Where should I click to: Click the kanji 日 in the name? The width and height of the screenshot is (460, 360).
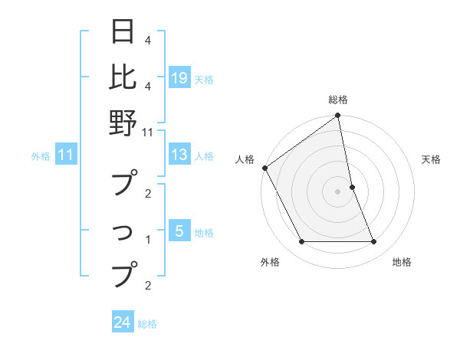click(x=123, y=33)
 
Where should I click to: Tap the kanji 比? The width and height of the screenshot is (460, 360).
click(x=123, y=77)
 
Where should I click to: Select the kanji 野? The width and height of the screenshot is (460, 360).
click(x=123, y=123)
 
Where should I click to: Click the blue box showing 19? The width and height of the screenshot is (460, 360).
click(x=179, y=77)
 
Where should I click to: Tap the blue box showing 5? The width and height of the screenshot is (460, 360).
click(x=179, y=231)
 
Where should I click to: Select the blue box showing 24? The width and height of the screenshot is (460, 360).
click(x=123, y=322)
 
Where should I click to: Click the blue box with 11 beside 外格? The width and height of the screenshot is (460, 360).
click(x=66, y=155)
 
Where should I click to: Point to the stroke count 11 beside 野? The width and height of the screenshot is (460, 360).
click(x=148, y=132)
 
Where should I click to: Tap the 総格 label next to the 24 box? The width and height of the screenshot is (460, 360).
click(x=147, y=324)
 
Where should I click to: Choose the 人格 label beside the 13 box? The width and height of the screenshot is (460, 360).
click(x=204, y=156)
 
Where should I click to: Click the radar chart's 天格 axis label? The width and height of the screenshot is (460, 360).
click(x=432, y=159)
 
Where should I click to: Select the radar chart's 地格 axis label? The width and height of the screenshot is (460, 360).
click(x=402, y=262)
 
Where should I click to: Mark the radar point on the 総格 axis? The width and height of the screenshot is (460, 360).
click(x=338, y=116)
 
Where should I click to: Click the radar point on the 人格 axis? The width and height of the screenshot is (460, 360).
click(x=265, y=168)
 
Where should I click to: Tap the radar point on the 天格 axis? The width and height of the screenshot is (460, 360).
click(x=352, y=187)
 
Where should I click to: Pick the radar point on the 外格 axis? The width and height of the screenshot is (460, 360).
click(x=301, y=242)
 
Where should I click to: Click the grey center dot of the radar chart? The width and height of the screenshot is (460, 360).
click(x=338, y=191)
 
